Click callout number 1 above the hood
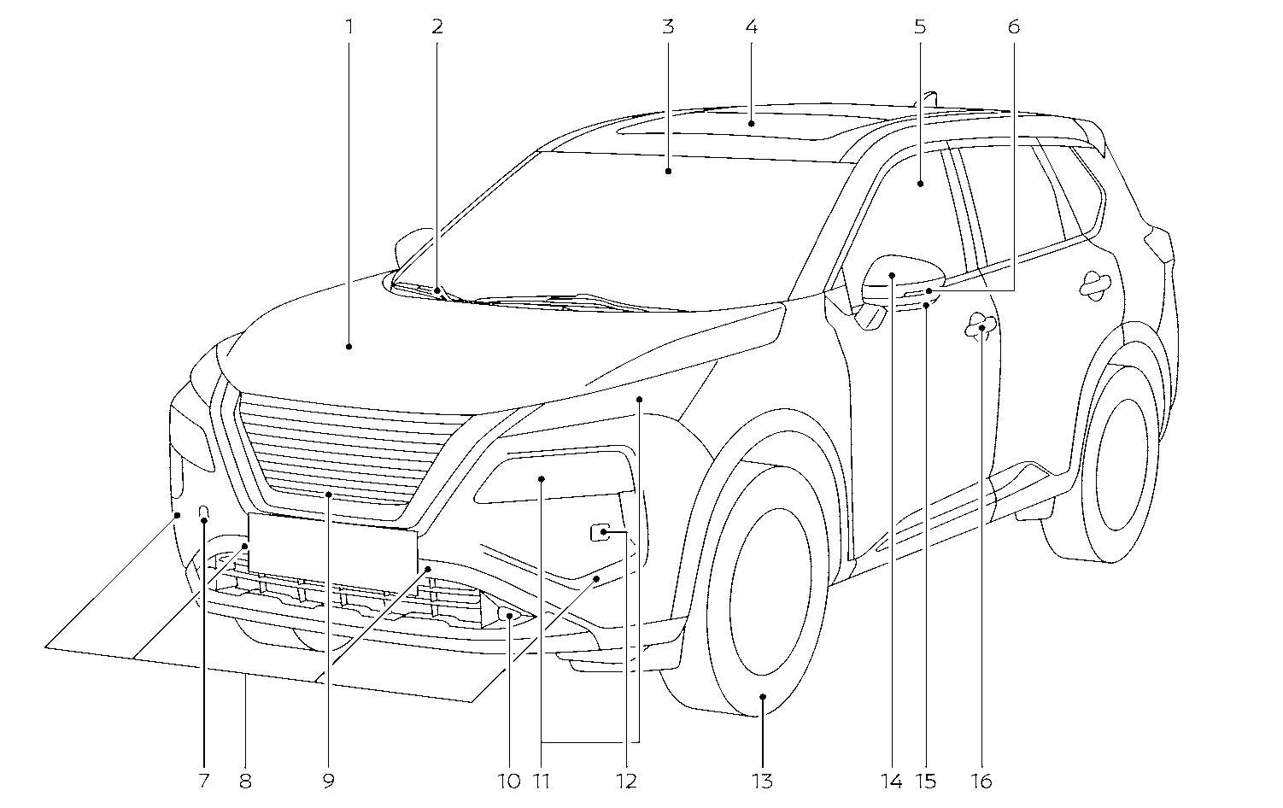(349, 26)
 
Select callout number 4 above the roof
(751, 26)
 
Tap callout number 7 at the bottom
(203, 781)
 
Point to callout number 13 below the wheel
(762, 781)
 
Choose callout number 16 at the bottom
(982, 781)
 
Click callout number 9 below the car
(329, 781)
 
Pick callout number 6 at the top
(1013, 26)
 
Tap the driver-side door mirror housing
(901, 277)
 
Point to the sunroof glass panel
(735, 126)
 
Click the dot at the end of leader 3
(668, 171)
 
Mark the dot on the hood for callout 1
(349, 346)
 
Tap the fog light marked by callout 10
(507, 615)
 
